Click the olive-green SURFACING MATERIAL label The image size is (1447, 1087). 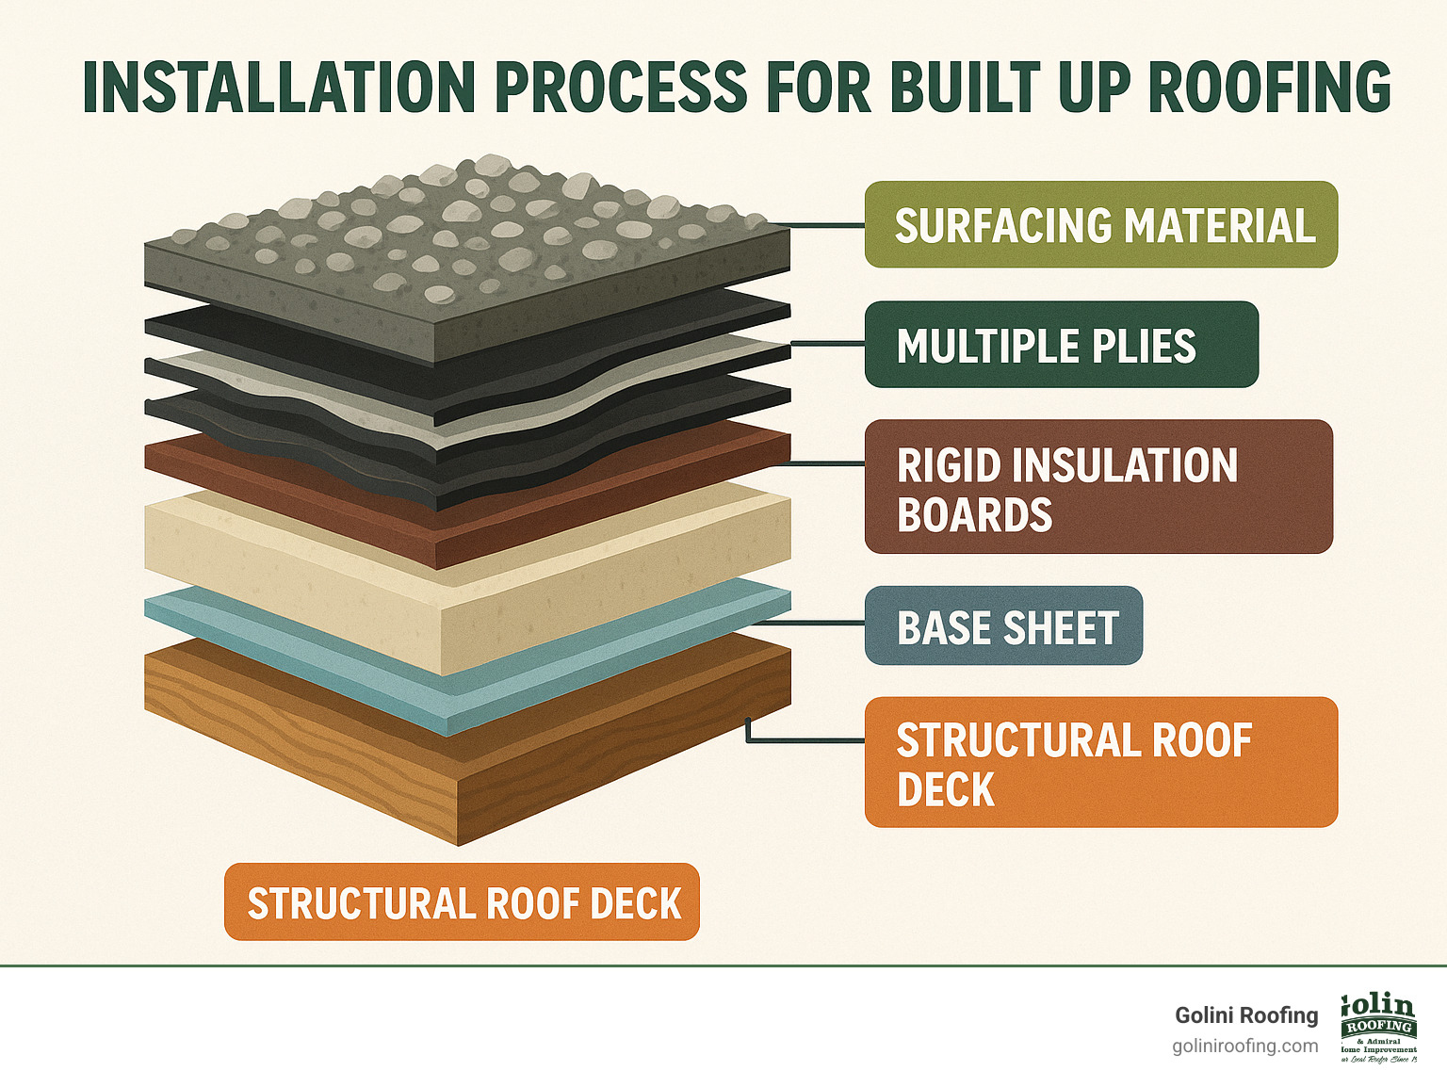(1100, 225)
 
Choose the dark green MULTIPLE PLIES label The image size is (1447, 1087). (1061, 345)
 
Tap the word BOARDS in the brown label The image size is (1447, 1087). (974, 515)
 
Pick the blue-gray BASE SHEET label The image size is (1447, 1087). (1004, 626)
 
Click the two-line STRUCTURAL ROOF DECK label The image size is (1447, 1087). (1100, 762)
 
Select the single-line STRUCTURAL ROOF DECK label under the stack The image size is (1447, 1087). (462, 902)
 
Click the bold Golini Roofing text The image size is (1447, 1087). (1245, 1015)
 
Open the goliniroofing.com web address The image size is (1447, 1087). (1244, 1046)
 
